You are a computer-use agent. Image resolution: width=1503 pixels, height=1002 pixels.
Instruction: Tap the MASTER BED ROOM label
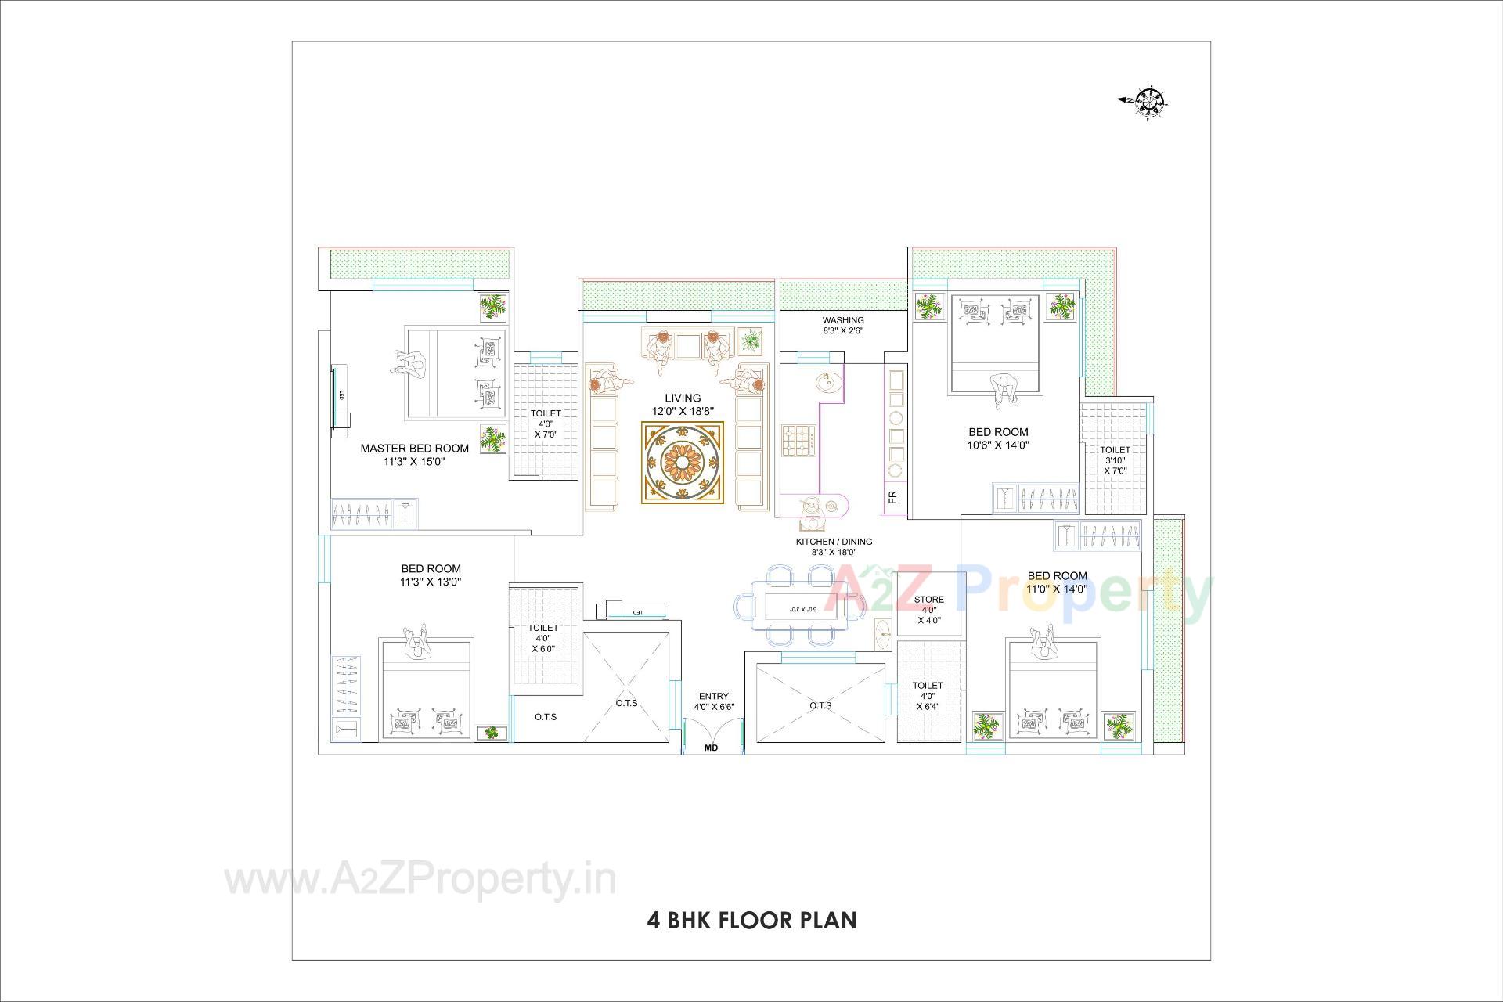pyautogui.click(x=414, y=449)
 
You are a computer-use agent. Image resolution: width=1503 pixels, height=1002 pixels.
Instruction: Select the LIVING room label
pyautogui.click(x=683, y=398)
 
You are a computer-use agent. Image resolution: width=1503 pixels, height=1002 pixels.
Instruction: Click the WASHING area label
pyautogui.click(x=843, y=320)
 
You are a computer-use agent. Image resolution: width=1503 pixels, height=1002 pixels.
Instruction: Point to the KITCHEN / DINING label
pyautogui.click(x=834, y=542)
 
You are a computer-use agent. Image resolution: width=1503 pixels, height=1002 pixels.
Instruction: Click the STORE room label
pyautogui.click(x=929, y=600)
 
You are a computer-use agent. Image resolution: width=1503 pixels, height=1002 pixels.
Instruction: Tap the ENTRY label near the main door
pyautogui.click(x=713, y=696)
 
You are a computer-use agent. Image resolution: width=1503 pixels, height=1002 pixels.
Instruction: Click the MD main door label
pyautogui.click(x=711, y=748)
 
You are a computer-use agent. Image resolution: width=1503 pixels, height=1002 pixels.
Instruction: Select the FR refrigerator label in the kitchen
pyautogui.click(x=892, y=496)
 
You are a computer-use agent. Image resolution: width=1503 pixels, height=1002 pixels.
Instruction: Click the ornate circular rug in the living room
pyautogui.click(x=683, y=463)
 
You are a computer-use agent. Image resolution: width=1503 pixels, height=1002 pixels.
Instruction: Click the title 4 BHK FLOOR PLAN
pyautogui.click(x=751, y=920)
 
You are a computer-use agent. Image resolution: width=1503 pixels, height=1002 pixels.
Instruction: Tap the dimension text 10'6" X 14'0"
pyautogui.click(x=998, y=445)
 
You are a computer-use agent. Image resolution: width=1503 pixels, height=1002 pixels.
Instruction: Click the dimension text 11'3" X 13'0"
pyautogui.click(x=431, y=582)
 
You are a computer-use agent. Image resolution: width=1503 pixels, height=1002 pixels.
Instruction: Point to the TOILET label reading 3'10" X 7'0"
pyautogui.click(x=1115, y=460)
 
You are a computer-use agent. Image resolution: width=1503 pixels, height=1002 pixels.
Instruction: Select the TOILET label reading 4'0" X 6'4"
pyautogui.click(x=928, y=696)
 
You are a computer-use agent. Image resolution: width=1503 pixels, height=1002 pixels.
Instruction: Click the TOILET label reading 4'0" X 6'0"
pyautogui.click(x=542, y=638)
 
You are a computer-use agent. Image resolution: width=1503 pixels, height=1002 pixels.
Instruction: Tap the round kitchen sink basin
pyautogui.click(x=826, y=384)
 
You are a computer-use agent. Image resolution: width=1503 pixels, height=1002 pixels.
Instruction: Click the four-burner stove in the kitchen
pyautogui.click(x=798, y=441)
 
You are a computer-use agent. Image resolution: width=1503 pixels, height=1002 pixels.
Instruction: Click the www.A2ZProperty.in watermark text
pyautogui.click(x=420, y=880)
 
